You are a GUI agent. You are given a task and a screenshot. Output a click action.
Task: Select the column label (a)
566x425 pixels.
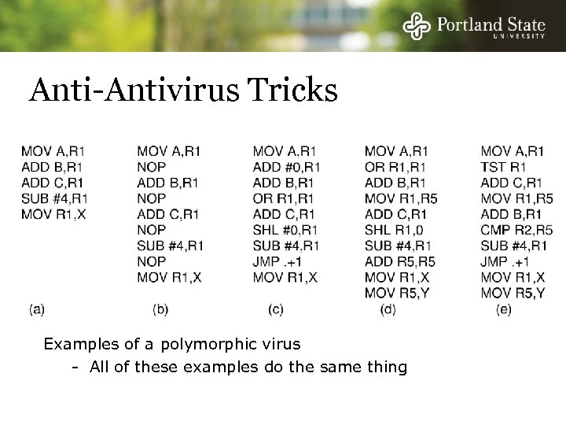point(36,309)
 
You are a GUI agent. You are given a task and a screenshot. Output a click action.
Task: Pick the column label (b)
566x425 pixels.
point(160,309)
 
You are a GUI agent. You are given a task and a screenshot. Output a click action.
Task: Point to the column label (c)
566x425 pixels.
point(276,309)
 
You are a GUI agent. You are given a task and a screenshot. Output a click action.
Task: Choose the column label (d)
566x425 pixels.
point(388,309)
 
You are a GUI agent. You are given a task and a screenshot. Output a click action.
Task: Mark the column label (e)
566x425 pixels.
point(504,309)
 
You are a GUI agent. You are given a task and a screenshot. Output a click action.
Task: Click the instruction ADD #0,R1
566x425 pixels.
point(287,167)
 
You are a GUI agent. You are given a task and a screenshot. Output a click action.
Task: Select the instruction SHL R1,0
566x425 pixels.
point(395,230)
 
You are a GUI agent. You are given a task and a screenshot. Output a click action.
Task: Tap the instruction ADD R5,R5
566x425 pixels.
point(400,261)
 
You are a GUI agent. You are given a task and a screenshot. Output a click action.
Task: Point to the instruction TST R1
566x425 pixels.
point(503,167)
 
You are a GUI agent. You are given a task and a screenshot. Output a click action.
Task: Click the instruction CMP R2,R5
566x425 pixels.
point(516,230)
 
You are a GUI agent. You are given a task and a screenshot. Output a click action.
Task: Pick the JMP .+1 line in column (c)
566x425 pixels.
point(278,261)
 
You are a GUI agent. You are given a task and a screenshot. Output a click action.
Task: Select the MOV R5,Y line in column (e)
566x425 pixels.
point(513,293)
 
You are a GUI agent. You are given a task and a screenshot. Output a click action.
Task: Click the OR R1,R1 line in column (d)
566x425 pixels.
point(395,167)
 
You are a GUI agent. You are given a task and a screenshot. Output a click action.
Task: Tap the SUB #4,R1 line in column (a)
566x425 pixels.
point(55,198)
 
